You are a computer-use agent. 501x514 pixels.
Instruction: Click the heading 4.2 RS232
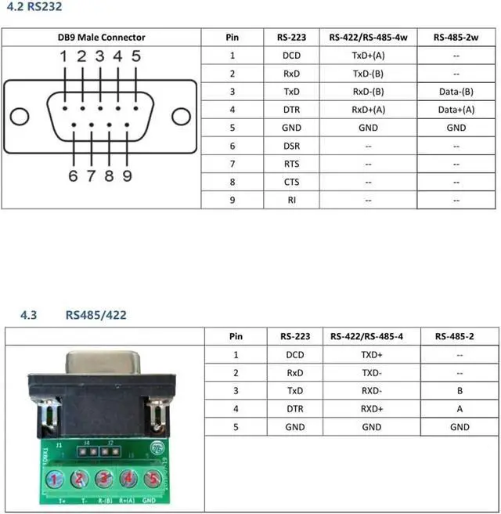[34, 6]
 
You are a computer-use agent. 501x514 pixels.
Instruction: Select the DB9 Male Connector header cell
[102, 38]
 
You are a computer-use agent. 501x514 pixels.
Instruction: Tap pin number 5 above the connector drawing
[136, 56]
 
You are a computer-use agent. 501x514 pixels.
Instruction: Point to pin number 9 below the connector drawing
[127, 176]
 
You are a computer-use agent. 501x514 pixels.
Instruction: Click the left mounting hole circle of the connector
[20, 117]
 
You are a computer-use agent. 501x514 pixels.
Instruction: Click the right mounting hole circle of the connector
[181, 117]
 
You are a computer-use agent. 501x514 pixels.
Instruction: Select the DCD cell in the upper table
[291, 56]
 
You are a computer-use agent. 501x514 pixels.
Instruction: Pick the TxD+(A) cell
[369, 56]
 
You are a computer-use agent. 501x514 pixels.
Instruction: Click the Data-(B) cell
[456, 92]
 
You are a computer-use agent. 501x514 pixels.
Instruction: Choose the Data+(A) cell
[456, 110]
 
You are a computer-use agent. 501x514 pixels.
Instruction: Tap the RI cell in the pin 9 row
[291, 200]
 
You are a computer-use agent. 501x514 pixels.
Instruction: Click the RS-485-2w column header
[456, 38]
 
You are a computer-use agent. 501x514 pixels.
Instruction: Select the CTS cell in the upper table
[291, 182]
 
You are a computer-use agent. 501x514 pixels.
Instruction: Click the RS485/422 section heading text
[96, 315]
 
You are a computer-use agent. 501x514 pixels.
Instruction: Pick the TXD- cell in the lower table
[372, 373]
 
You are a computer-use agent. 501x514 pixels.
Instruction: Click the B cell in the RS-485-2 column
[460, 391]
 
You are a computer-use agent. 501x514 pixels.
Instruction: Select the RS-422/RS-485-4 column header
[366, 337]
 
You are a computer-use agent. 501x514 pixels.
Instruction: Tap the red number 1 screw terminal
[54, 480]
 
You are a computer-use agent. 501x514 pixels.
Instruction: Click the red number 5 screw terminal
[153, 479]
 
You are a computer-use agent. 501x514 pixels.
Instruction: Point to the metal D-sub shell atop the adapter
[103, 363]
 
